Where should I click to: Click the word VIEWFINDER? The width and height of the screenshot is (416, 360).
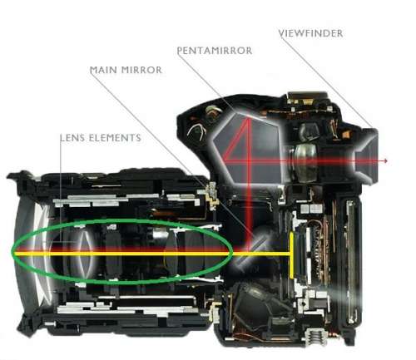pos(310,33)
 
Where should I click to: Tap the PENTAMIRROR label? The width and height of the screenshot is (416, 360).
pos(215,51)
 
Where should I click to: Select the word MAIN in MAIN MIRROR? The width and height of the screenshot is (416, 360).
pos(103,70)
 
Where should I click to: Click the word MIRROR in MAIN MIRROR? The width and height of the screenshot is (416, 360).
pos(141,70)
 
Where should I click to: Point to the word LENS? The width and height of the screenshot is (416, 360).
pos(72,138)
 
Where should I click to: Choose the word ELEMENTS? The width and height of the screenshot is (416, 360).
pos(115,138)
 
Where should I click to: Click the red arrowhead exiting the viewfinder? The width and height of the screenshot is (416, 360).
pos(385,160)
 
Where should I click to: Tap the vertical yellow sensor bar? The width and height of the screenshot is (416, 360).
pos(291,255)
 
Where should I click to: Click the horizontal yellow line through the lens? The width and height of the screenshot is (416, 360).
pos(151,254)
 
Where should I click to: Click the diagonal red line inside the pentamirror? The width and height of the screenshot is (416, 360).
pos(235,140)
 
